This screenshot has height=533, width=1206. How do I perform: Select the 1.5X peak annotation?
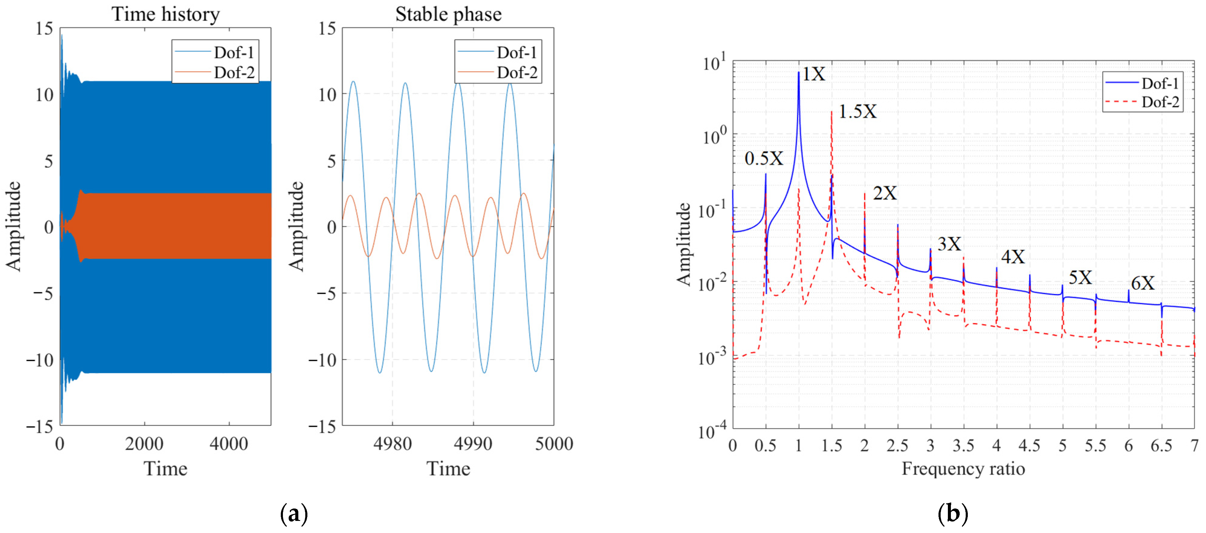pos(857,111)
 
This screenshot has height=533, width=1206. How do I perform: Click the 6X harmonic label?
pos(1142,283)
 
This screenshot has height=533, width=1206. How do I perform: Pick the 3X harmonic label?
pos(949,244)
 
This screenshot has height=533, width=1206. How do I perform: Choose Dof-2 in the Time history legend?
pos(234,73)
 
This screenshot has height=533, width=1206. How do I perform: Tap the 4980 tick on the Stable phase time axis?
pos(392,443)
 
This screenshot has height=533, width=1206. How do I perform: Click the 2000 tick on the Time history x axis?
pos(144,443)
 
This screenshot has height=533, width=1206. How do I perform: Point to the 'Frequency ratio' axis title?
pos(963,468)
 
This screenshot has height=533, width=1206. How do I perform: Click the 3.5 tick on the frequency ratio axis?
pos(963,445)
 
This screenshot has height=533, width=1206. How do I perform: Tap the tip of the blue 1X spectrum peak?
pos(799,73)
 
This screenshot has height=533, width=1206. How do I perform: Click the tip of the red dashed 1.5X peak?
pos(832,111)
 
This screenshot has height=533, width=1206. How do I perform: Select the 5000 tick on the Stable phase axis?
pos(553,443)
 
